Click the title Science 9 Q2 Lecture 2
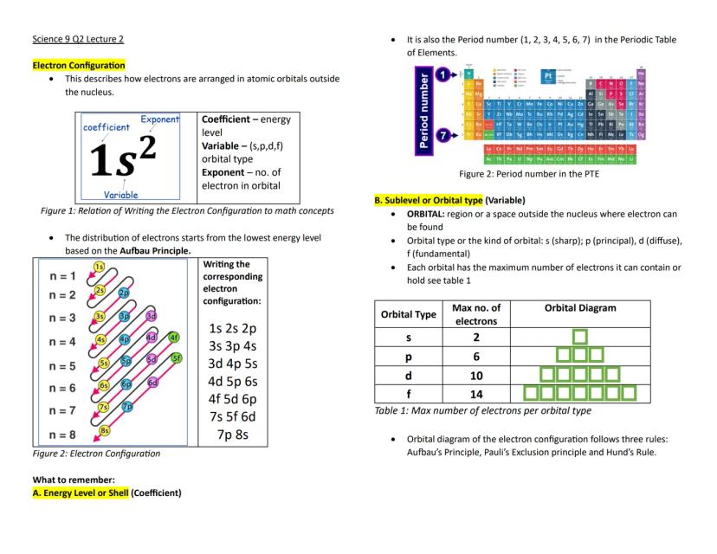point(78,39)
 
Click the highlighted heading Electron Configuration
point(79,65)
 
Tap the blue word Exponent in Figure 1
point(159,119)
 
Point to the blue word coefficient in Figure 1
point(107,127)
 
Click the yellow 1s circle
point(100,267)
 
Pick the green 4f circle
point(175,337)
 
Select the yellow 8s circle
point(104,429)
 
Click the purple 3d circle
point(152,316)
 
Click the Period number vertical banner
point(423,111)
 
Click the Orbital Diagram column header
point(580,308)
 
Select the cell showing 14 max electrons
point(476,393)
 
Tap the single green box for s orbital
point(580,336)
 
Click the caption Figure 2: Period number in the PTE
point(529,174)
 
